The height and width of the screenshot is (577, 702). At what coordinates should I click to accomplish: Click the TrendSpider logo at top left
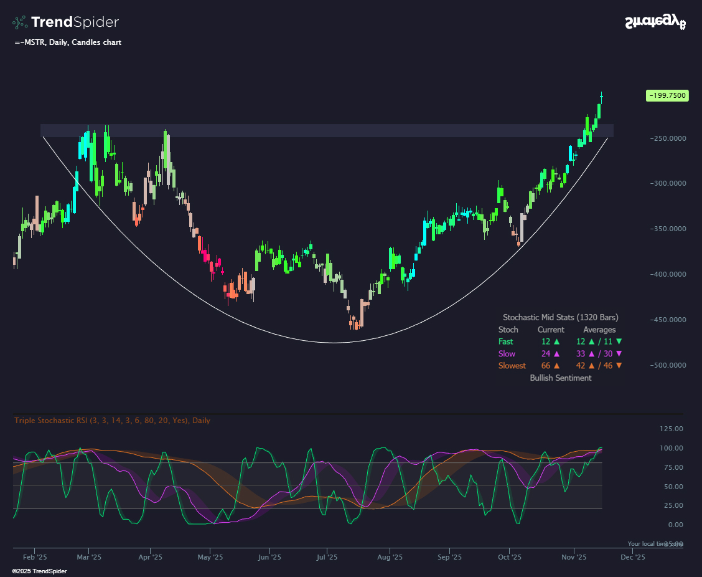[x=65, y=22]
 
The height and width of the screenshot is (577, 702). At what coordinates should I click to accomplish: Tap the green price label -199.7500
[x=667, y=95]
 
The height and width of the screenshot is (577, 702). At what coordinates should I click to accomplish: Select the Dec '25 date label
[x=632, y=558]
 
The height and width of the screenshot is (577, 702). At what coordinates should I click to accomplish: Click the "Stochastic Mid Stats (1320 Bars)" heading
[x=560, y=318]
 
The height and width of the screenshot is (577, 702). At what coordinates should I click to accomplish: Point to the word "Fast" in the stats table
[x=506, y=341]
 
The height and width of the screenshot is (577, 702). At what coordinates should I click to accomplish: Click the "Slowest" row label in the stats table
[x=512, y=366]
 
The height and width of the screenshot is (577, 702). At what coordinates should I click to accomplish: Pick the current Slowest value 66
[x=546, y=366]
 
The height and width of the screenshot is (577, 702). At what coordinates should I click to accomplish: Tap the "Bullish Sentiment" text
[x=560, y=378]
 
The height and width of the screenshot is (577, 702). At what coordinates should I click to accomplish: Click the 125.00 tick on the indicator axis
[x=672, y=429]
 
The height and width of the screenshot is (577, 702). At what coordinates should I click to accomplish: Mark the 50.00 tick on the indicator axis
[x=672, y=487]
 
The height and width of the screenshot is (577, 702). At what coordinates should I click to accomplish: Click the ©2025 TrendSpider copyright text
[x=39, y=571]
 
